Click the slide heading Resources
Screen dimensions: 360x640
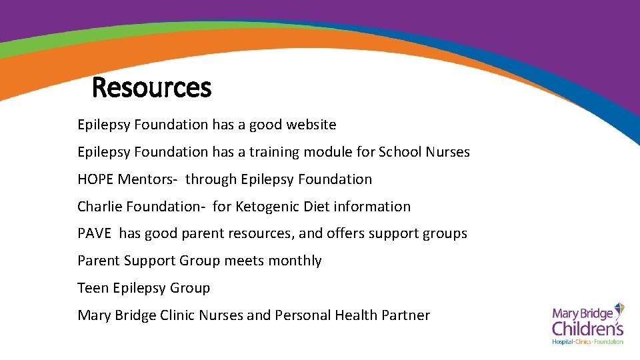pyautogui.click(x=151, y=87)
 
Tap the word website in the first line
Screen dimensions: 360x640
pyautogui.click(x=311, y=125)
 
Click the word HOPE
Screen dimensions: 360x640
pyautogui.click(x=95, y=179)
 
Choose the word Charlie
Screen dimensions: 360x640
pyautogui.click(x=97, y=207)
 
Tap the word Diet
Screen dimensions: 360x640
pyautogui.click(x=317, y=207)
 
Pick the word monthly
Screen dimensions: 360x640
pyautogui.click(x=295, y=261)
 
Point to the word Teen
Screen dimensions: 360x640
pyautogui.click(x=93, y=289)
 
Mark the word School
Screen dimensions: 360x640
pyautogui.click(x=399, y=152)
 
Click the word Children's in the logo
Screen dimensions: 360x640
pyautogui.click(x=587, y=327)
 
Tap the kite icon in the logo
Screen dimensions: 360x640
pyautogui.click(x=619, y=310)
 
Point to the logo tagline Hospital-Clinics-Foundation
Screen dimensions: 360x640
pyautogui.click(x=587, y=341)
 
